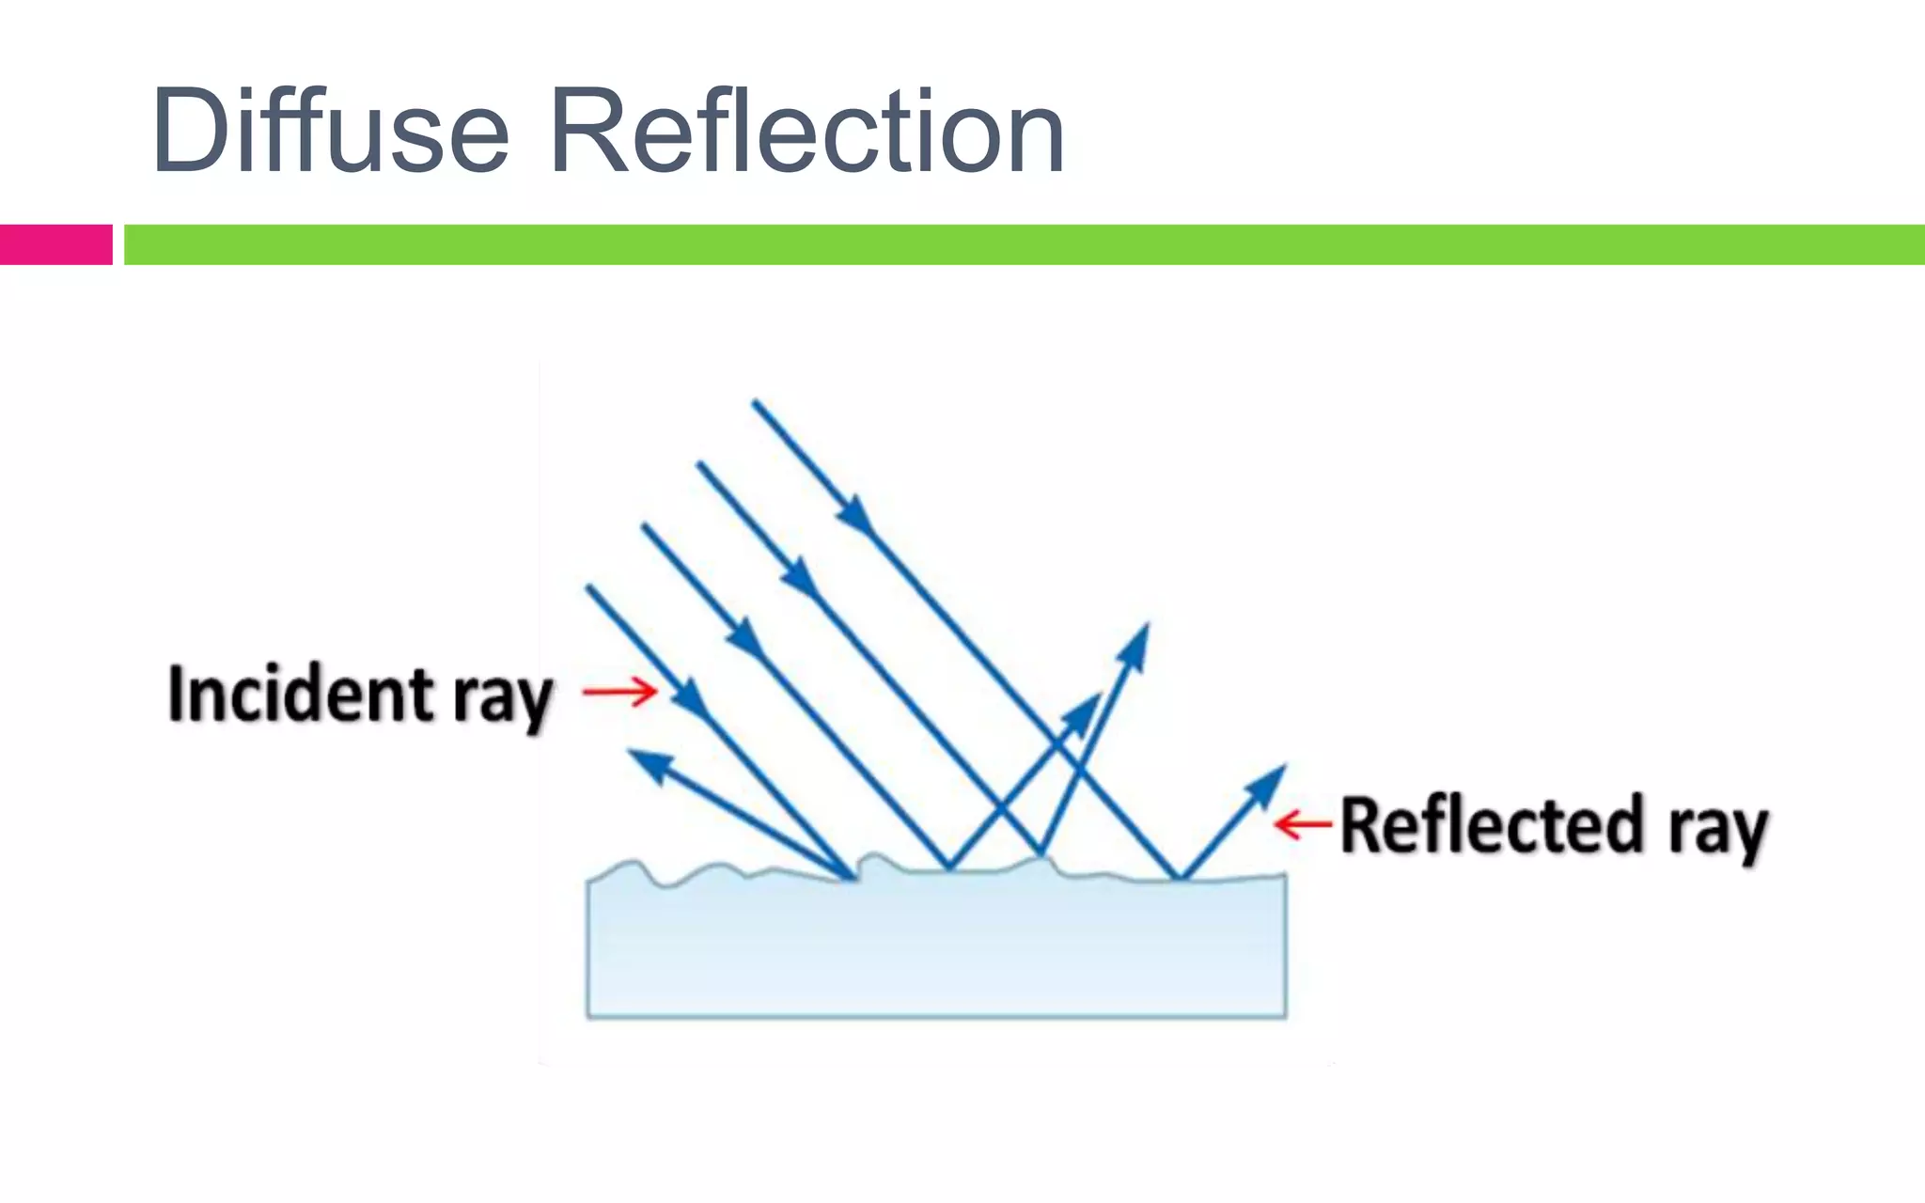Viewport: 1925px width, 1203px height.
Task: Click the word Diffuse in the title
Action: pyautogui.click(x=329, y=132)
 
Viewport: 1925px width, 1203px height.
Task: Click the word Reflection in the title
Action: pyautogui.click(x=806, y=132)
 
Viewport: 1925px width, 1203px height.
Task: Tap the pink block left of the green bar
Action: pyautogui.click(x=55, y=244)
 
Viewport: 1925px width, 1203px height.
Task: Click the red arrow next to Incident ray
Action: pyautogui.click(x=619, y=692)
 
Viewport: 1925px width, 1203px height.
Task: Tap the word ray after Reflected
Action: pyautogui.click(x=1718, y=831)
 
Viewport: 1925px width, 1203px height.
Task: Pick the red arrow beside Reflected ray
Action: pyautogui.click(x=1303, y=824)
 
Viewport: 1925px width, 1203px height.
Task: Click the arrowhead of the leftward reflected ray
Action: pyautogui.click(x=649, y=764)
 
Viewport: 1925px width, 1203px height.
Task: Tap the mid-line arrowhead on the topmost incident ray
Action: pyautogui.click(x=854, y=515)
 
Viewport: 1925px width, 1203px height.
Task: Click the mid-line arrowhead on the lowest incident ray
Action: pyautogui.click(x=690, y=697)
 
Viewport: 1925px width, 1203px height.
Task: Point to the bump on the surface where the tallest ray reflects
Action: pyautogui.click(x=1041, y=856)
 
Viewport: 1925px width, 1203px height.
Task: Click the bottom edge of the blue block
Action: pyautogui.click(x=936, y=1016)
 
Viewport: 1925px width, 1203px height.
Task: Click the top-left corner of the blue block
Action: pyautogui.click(x=589, y=882)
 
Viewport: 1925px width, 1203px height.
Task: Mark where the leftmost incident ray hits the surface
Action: pyautogui.click(x=852, y=878)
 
